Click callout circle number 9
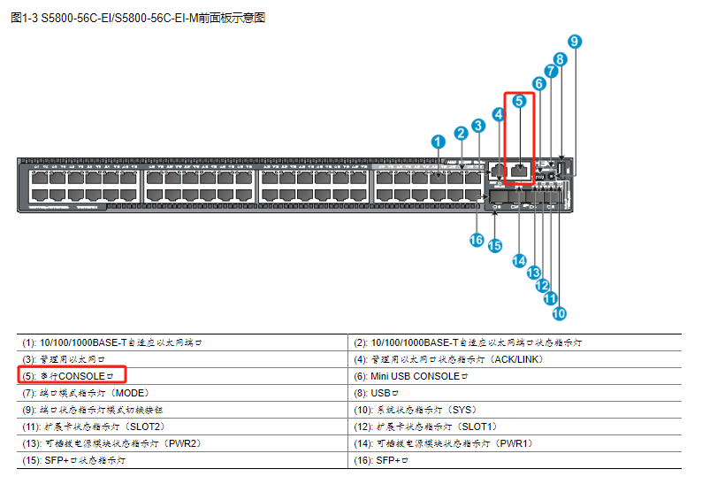pyautogui.click(x=575, y=42)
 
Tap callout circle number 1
pyautogui.click(x=438, y=142)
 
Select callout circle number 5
pyautogui.click(x=520, y=102)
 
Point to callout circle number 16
pyautogui.click(x=477, y=240)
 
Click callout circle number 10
pyautogui.click(x=559, y=312)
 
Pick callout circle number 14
pyautogui.click(x=520, y=260)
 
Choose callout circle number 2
pyautogui.click(x=461, y=133)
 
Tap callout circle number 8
pyautogui.click(x=560, y=59)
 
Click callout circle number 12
pyautogui.click(x=542, y=286)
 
